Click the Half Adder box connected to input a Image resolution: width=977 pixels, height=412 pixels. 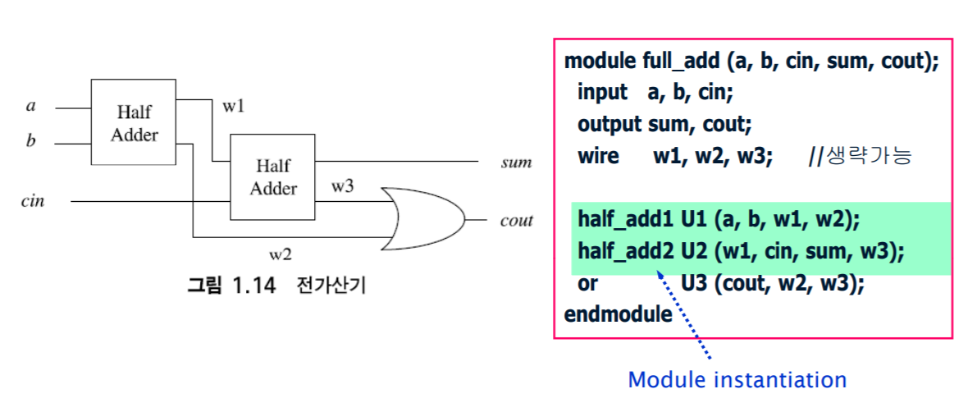pos(133,122)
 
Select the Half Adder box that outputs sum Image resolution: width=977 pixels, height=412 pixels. pos(272,176)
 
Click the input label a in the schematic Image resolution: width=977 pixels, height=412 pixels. pos(31,106)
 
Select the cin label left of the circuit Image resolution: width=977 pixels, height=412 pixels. pos(33,200)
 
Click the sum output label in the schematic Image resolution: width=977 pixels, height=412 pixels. pos(516,162)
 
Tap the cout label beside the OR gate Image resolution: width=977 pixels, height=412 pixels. pos(516,220)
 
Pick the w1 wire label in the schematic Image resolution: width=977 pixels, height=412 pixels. pos(233,107)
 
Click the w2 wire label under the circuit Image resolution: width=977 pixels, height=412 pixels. pos(281,254)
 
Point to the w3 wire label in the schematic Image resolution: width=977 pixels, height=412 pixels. pos(343,185)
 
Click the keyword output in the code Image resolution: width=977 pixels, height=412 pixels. pos(609,125)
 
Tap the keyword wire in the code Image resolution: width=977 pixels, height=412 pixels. pos(598,156)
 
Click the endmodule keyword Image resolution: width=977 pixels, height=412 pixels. pos(618,314)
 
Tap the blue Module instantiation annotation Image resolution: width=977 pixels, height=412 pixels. pos(737,380)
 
